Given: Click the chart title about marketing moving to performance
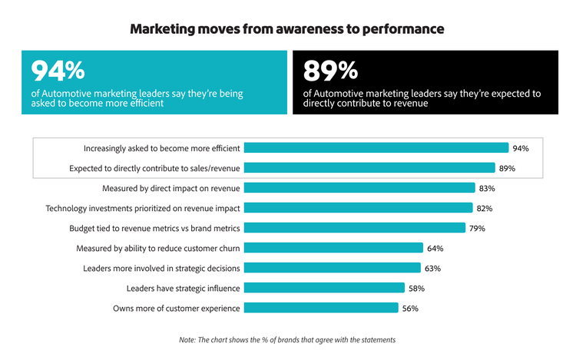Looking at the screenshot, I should pyautogui.click(x=288, y=30).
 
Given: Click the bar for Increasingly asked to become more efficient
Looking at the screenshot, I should pyautogui.click(x=376, y=148).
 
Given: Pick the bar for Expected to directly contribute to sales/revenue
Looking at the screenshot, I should pyautogui.click(x=369, y=168).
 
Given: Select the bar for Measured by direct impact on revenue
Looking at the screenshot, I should pyautogui.click(x=359, y=188).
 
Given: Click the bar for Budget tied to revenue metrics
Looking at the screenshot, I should pyautogui.click(x=355, y=228).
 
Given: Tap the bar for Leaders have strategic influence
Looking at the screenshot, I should pyautogui.click(x=324, y=288).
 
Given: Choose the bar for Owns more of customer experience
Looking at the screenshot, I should pyautogui.click(x=321, y=308).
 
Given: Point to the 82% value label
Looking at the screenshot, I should pyautogui.click(x=484, y=208).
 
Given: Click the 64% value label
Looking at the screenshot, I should pyautogui.click(x=435, y=248).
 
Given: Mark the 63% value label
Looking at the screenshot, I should pyautogui.click(x=432, y=268).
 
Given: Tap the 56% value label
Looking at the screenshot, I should pyautogui.click(x=410, y=308).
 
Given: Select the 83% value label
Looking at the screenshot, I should pyautogui.click(x=487, y=188).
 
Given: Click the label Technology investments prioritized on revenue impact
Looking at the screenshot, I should pyautogui.click(x=143, y=208).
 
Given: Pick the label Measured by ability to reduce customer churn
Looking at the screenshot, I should pyautogui.click(x=158, y=248).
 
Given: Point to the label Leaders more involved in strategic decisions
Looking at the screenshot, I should pyautogui.click(x=161, y=268).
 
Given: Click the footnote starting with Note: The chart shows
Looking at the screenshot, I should pyautogui.click(x=288, y=339).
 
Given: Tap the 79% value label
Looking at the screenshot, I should pyautogui.click(x=478, y=228).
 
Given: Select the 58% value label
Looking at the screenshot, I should pyautogui.click(x=416, y=288).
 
